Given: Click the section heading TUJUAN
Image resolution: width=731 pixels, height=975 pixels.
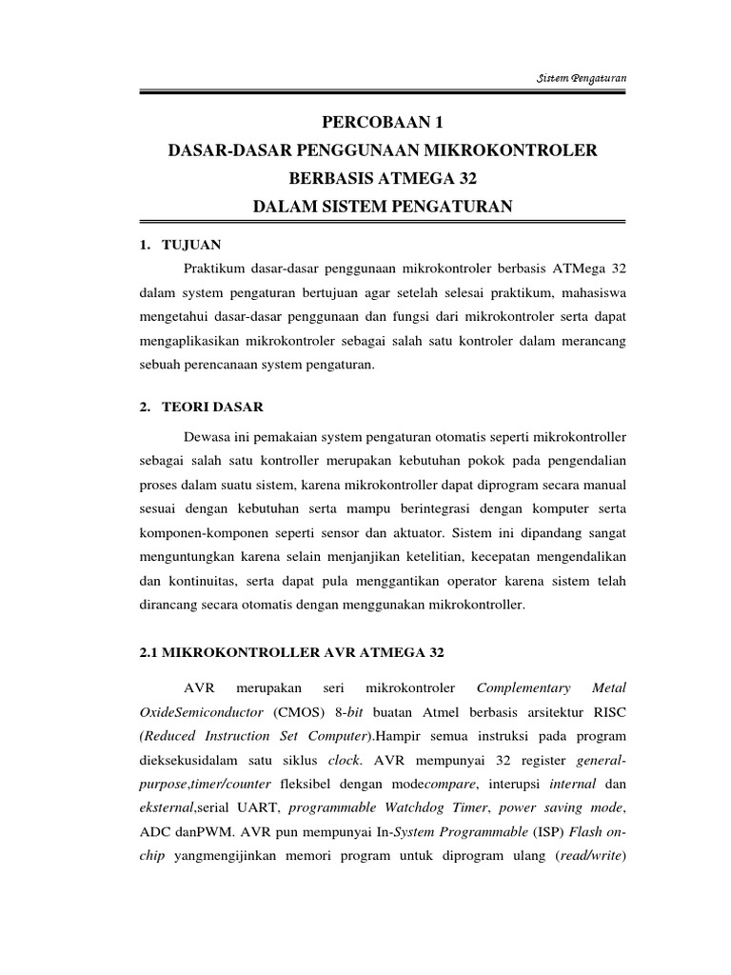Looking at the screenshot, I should [193, 245].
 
